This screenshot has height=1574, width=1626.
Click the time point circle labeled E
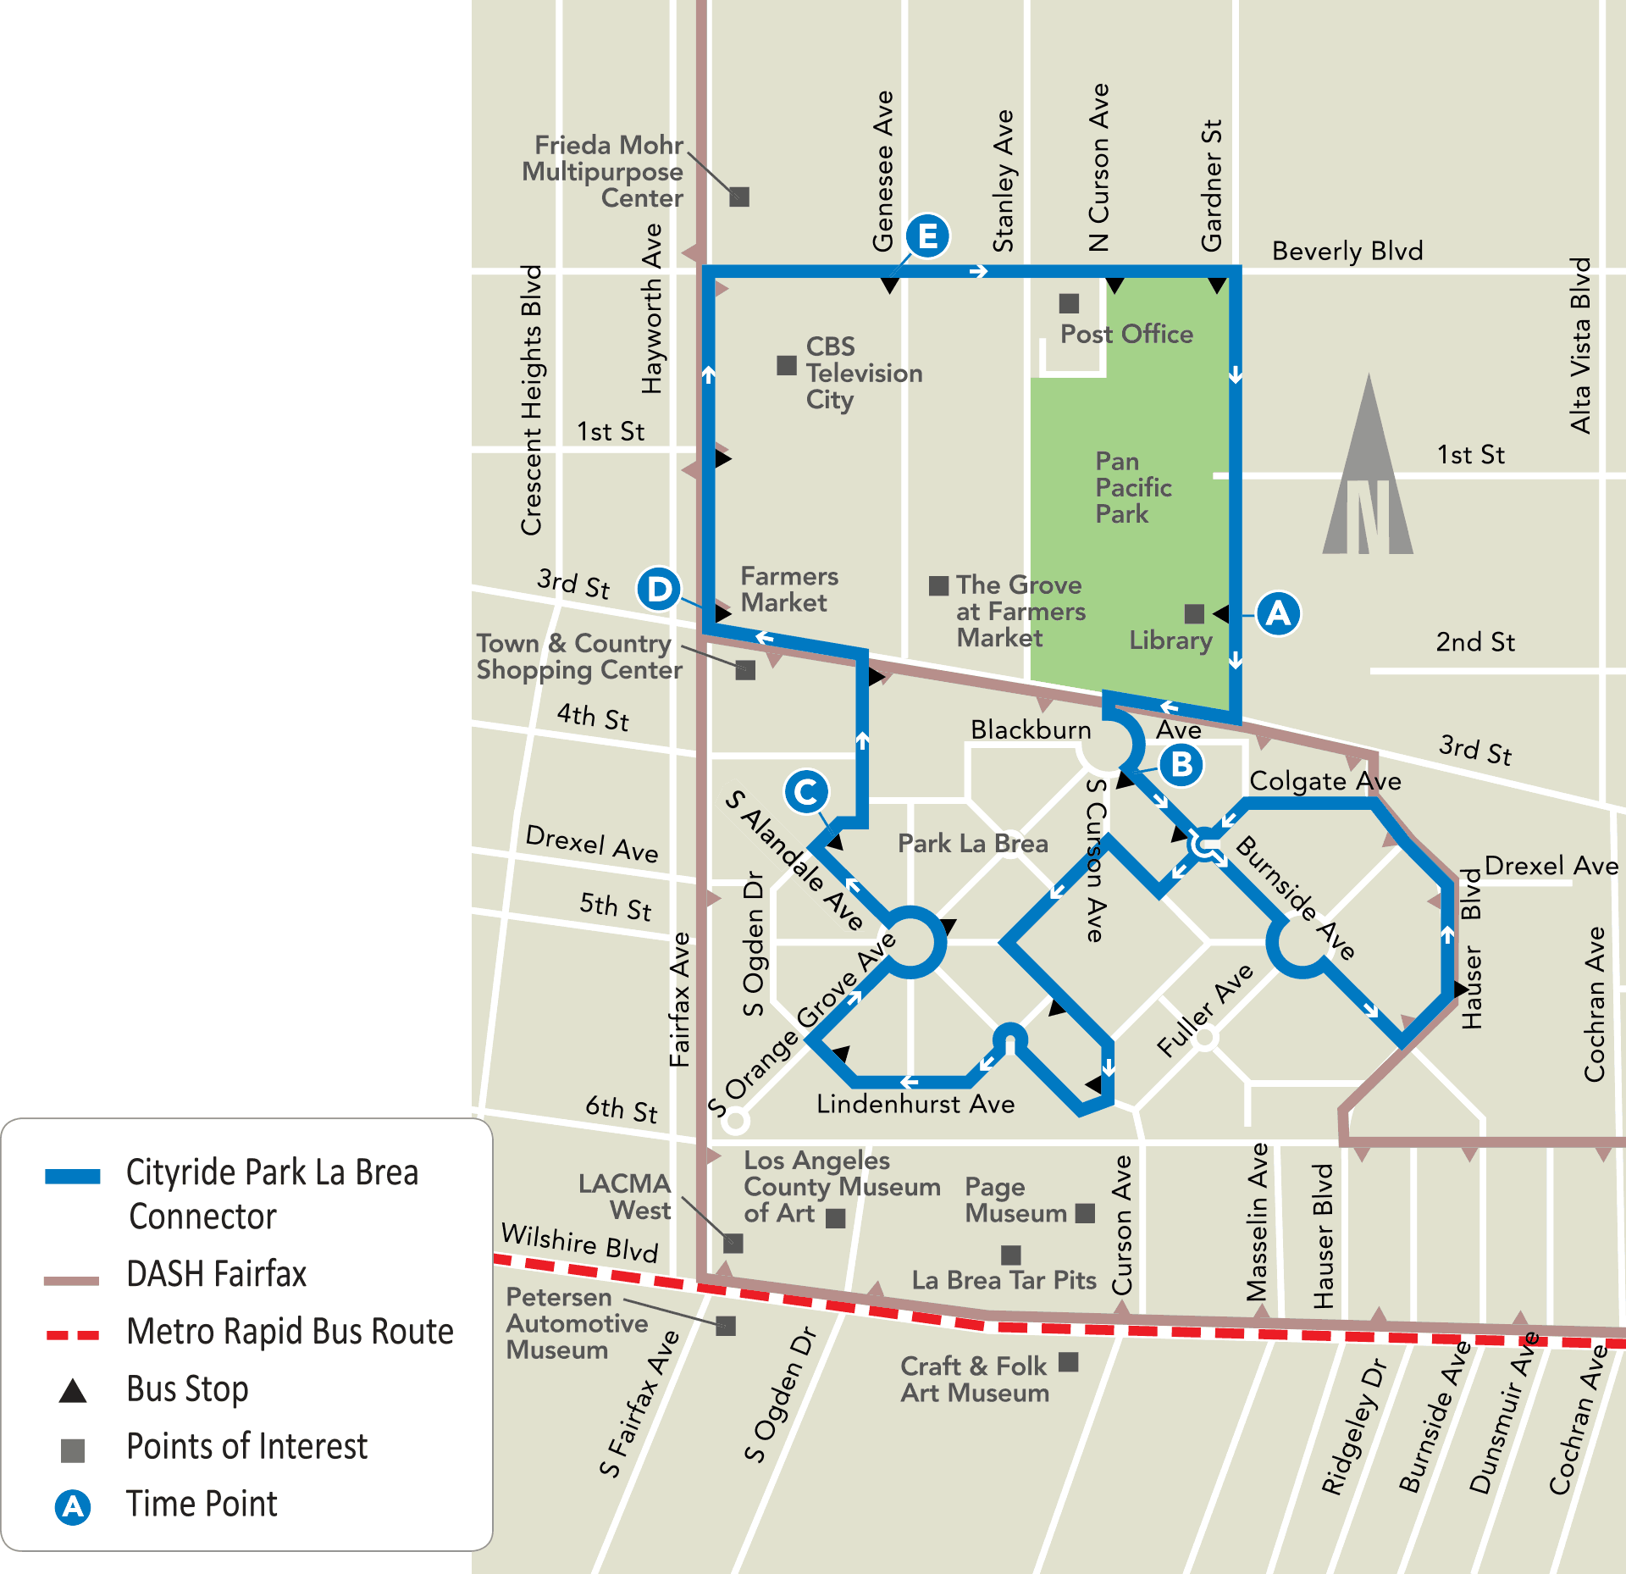click(x=927, y=236)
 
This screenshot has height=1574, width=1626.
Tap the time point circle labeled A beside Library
click(x=1277, y=612)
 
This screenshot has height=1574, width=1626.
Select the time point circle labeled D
click(x=659, y=588)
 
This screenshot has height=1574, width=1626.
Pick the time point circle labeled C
click(x=805, y=792)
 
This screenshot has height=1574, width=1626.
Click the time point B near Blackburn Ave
click(x=1181, y=764)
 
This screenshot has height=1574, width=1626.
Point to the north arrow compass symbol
click(x=1368, y=474)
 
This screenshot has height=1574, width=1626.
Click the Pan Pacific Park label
click(x=1132, y=487)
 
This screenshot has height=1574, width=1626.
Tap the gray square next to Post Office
click(x=1069, y=303)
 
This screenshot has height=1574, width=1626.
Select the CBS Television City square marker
click(x=787, y=365)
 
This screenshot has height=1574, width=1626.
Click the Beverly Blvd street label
click(x=1347, y=251)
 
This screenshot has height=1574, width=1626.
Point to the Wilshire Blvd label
click(x=579, y=1243)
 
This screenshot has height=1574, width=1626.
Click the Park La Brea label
click(x=972, y=843)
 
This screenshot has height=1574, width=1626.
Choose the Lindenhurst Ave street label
click(x=915, y=1104)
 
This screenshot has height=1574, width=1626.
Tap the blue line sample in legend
click(x=73, y=1176)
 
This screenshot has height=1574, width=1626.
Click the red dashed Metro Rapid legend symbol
click(x=73, y=1335)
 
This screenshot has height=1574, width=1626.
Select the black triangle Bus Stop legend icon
click(x=73, y=1391)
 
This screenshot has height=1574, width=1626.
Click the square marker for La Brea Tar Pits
click(x=1010, y=1255)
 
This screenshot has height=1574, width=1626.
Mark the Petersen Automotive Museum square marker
click(x=726, y=1326)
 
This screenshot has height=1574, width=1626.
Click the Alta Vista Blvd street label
click(x=1580, y=346)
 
